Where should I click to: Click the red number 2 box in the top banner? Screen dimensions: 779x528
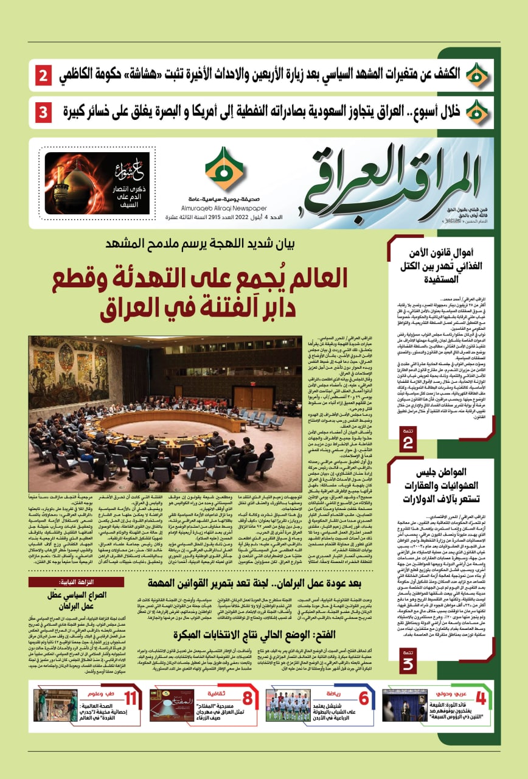pyautogui.click(x=45, y=77)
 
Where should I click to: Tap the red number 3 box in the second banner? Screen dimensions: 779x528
pyautogui.click(x=45, y=112)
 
